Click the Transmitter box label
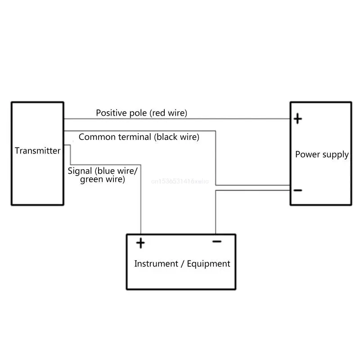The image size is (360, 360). pyautogui.click(x=37, y=151)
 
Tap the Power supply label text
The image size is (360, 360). pyautogui.click(x=322, y=154)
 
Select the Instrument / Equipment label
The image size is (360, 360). pyautogui.click(x=182, y=264)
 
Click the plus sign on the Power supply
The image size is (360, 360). pyautogui.click(x=298, y=119)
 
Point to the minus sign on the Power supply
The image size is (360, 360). pyautogui.click(x=298, y=190)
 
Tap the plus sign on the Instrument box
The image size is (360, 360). pyautogui.click(x=141, y=243)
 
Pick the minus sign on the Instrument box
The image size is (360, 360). pyautogui.click(x=217, y=242)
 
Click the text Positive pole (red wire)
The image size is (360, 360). pyautogui.click(x=141, y=112)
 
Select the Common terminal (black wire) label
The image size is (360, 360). pyautogui.click(x=139, y=137)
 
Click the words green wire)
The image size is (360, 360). pyautogui.click(x=102, y=179)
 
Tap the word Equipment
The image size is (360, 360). pyautogui.click(x=209, y=264)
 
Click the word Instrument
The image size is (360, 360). pyautogui.click(x=155, y=264)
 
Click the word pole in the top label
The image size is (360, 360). pyautogui.click(x=139, y=112)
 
